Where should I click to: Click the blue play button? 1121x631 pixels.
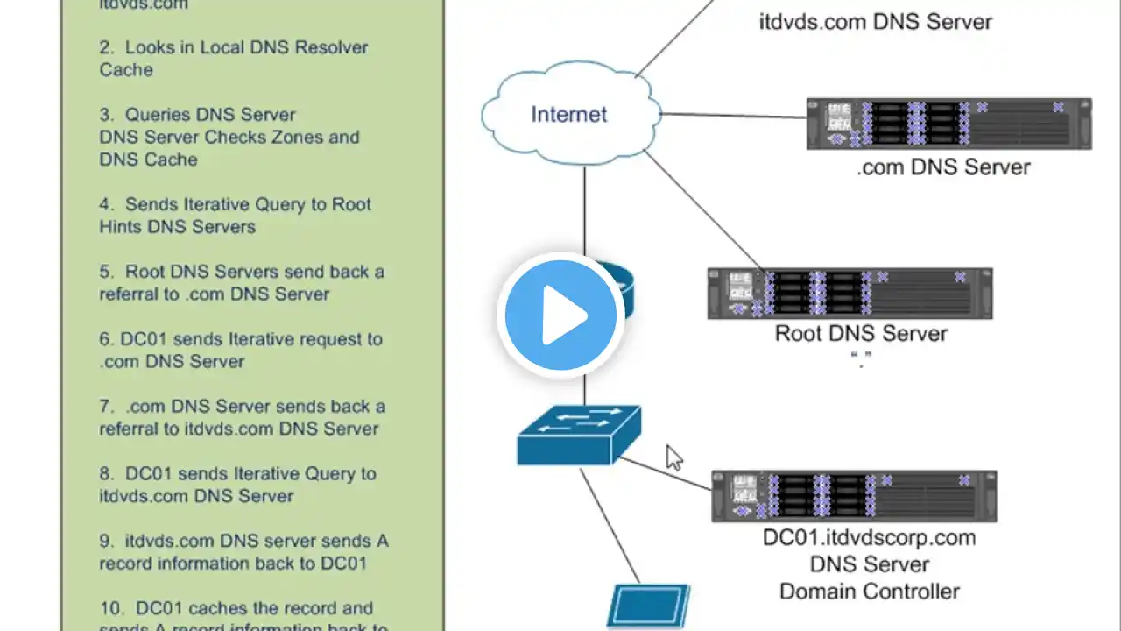pyautogui.click(x=560, y=315)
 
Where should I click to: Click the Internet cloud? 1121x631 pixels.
pyautogui.click(x=569, y=114)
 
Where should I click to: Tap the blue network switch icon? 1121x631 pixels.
pyautogui.click(x=579, y=435)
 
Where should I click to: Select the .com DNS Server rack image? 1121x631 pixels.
pyautogui.click(x=948, y=124)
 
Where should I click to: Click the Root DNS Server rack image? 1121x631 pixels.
pyautogui.click(x=850, y=294)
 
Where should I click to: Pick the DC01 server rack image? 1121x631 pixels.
pyautogui.click(x=854, y=497)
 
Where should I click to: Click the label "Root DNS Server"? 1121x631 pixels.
pyautogui.click(x=861, y=334)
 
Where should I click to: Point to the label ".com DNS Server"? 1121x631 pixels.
pyautogui.click(x=943, y=167)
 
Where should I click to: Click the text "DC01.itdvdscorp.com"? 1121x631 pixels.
pyautogui.click(x=869, y=538)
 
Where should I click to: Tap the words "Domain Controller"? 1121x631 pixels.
pyautogui.click(x=869, y=592)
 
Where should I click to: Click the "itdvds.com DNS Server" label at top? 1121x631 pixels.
pyautogui.click(x=875, y=22)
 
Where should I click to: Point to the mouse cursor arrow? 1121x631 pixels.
pyautogui.click(x=673, y=457)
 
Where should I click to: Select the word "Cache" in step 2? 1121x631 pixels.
pyautogui.click(x=126, y=70)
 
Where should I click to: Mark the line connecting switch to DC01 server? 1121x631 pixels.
pyautogui.click(x=666, y=474)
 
